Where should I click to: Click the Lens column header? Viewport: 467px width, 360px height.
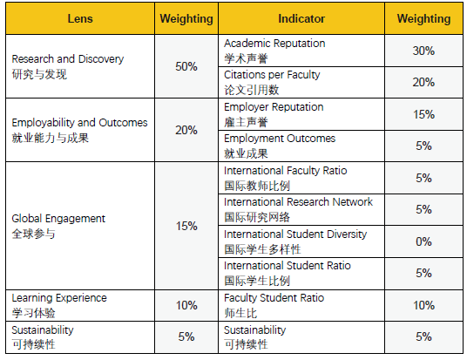tap(80, 19)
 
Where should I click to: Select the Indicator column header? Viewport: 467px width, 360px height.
tap(301, 19)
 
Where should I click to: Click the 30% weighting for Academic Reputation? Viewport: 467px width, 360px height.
tap(423, 51)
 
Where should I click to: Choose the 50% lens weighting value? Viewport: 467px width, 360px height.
tap(186, 66)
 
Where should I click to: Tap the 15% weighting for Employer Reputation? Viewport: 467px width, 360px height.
tap(423, 114)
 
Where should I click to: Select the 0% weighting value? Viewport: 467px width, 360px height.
tap(423, 241)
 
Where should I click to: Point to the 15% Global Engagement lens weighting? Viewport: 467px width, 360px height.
tap(186, 226)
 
